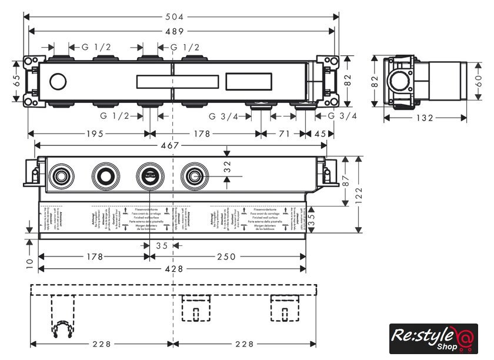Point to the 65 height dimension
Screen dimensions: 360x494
18,80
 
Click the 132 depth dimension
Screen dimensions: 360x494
424,118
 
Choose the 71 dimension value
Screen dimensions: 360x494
284,134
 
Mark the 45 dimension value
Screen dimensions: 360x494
320,134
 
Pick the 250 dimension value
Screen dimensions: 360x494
226,256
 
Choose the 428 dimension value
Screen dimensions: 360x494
173,269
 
